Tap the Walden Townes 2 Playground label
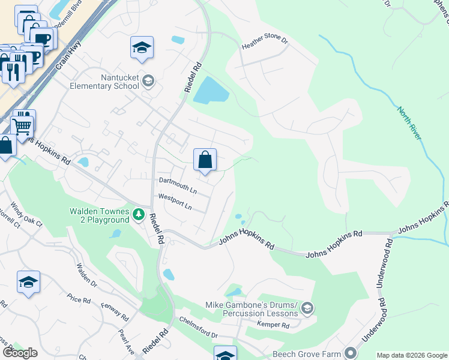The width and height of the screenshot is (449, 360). (99, 215)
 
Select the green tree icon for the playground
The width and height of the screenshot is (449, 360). (139, 214)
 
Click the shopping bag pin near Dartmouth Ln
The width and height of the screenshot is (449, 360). (205, 160)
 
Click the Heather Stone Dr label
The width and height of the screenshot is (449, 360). (265, 46)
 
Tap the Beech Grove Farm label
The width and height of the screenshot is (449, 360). (307, 353)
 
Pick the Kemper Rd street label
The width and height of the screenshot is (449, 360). (273, 325)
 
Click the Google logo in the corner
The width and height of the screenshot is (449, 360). (20, 353)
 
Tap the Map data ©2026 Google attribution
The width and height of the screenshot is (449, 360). (412, 355)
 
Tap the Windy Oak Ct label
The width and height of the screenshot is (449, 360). (27, 215)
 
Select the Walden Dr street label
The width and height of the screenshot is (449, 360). (87, 274)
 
